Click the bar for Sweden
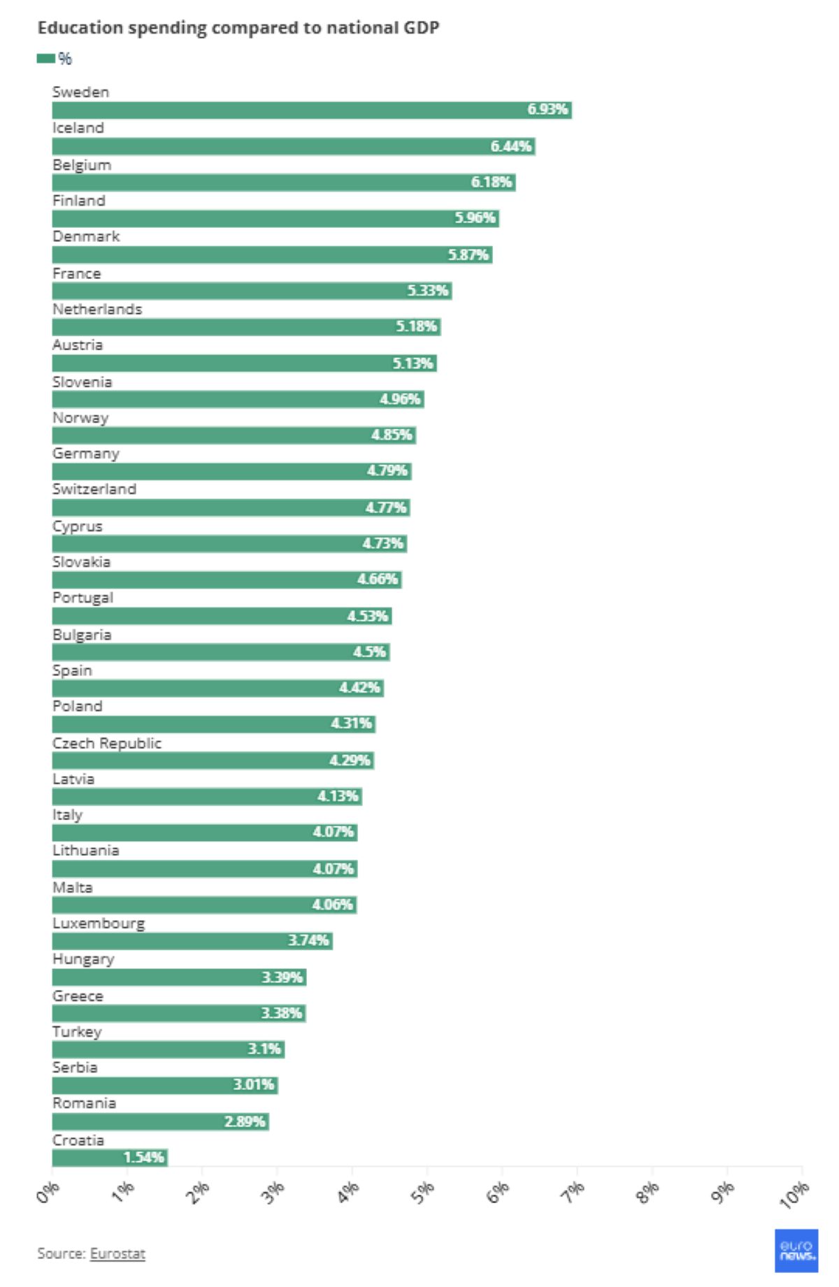[x=311, y=110]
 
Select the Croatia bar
[x=110, y=1158]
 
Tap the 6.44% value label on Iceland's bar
[x=511, y=146]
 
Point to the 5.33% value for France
[x=428, y=291]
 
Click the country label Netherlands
[x=97, y=309]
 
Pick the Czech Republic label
[x=107, y=743]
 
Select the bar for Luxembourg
[x=192, y=941]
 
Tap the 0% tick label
[x=48, y=1192]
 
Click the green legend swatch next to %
[x=46, y=59]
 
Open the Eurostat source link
[x=117, y=1253]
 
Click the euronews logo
[x=796, y=1251]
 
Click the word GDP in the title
[x=421, y=28]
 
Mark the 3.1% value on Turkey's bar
[x=264, y=1049]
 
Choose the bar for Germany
[x=231, y=471]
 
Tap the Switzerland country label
[x=94, y=489]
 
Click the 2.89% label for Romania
[x=245, y=1122]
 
